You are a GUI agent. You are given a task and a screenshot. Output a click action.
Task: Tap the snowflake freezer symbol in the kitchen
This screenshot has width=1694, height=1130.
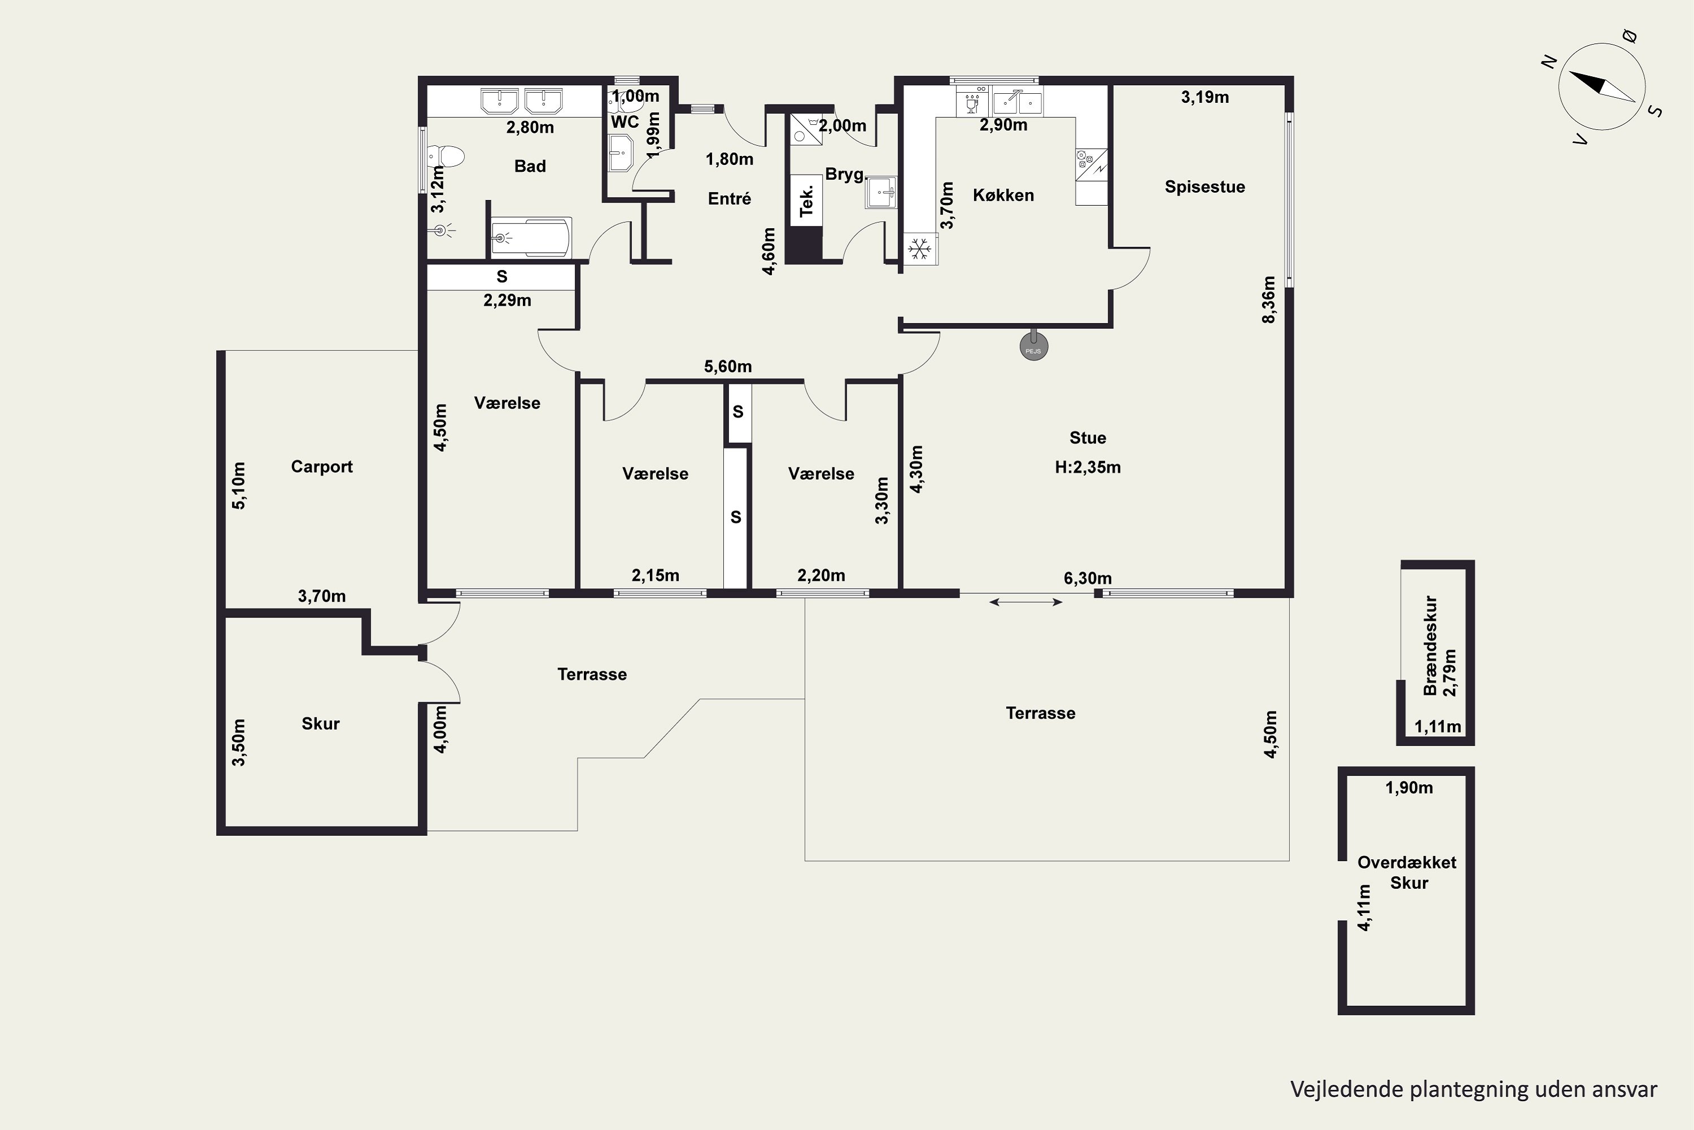[919, 249]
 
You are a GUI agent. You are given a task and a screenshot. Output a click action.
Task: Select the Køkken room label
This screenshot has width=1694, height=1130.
[1003, 195]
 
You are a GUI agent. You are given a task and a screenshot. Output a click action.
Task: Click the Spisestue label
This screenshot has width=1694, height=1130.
[1205, 186]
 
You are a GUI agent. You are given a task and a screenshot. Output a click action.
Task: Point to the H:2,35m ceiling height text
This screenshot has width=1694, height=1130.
[1088, 467]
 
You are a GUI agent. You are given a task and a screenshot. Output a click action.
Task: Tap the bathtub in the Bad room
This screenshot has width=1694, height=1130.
[531, 237]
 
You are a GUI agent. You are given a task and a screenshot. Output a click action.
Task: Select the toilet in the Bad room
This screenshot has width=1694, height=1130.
[445, 156]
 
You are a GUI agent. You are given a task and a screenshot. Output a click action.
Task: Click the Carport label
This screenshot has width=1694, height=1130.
[322, 467]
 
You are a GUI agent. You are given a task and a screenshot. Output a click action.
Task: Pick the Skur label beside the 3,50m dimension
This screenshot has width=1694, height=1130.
[321, 724]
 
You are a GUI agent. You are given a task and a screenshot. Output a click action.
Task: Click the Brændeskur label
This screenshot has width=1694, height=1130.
[1430, 646]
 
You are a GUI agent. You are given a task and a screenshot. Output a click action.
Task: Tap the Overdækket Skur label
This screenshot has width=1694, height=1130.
[1407, 873]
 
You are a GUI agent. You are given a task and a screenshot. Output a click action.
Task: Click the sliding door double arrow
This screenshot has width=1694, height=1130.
[1025, 602]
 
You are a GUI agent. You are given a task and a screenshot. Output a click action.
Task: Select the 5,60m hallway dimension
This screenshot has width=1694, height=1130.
[728, 366]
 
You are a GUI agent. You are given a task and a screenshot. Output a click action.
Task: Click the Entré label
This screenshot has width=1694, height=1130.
[730, 198]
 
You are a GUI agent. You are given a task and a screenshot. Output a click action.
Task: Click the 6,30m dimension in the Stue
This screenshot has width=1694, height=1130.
[1088, 578]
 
